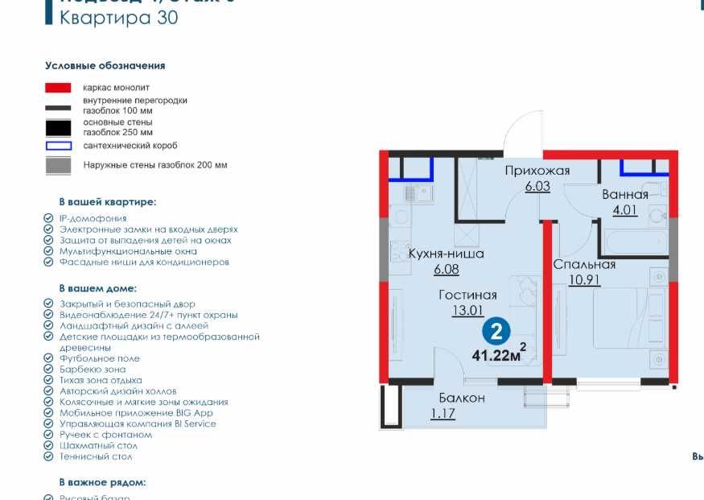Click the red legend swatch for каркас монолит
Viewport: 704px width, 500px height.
click(x=59, y=87)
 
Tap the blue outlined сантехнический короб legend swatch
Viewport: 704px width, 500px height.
click(x=59, y=146)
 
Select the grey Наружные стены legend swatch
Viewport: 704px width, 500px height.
click(x=59, y=165)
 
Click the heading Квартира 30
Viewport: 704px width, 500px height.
click(x=119, y=18)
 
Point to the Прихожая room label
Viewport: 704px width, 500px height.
click(x=537, y=171)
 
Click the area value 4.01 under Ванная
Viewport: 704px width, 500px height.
click(x=625, y=212)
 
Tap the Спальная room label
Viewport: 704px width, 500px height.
click(x=584, y=264)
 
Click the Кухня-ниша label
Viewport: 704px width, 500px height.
click(x=446, y=254)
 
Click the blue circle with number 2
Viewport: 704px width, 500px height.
click(x=497, y=331)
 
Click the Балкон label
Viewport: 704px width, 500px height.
click(x=462, y=398)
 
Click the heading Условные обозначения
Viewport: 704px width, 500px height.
click(x=105, y=65)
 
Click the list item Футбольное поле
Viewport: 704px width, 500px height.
click(x=99, y=358)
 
